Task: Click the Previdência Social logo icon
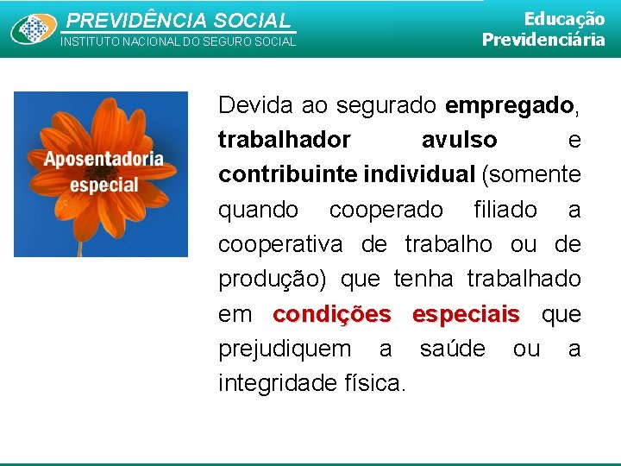click(x=34, y=28)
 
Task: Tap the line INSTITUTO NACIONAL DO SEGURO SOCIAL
click(x=177, y=41)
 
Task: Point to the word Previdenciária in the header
click(x=543, y=40)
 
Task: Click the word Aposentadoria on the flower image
click(x=103, y=159)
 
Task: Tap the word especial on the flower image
click(x=103, y=184)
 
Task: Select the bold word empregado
click(x=510, y=105)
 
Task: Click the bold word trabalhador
click(x=285, y=140)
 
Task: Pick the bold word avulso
click(x=459, y=140)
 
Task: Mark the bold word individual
click(x=419, y=174)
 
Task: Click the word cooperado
click(x=386, y=210)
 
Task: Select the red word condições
click(x=331, y=314)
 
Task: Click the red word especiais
click(x=466, y=314)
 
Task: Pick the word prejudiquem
click(x=285, y=349)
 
